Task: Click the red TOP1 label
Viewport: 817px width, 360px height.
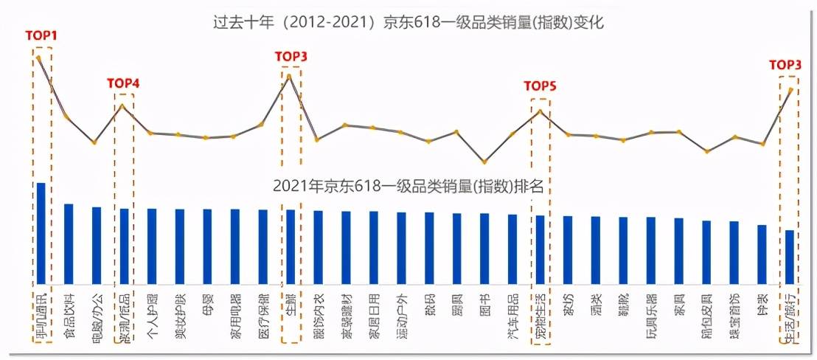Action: click(x=41, y=35)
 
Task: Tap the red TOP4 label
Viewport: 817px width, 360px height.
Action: click(x=123, y=83)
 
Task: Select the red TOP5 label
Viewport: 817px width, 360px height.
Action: click(x=540, y=86)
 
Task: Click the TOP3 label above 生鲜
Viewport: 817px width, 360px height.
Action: click(x=291, y=56)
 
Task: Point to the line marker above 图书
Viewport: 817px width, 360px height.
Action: click(x=484, y=162)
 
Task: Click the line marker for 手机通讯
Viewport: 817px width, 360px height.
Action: click(x=38, y=58)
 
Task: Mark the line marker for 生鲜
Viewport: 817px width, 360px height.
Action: click(x=290, y=75)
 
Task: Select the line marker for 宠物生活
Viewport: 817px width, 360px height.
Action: click(x=540, y=111)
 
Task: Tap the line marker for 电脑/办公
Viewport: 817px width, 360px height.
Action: click(x=94, y=142)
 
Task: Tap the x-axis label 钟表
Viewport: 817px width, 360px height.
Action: click(x=762, y=304)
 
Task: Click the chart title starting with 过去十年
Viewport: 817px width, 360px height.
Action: click(x=409, y=22)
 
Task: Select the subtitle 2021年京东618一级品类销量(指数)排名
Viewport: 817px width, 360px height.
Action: click(x=408, y=187)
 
